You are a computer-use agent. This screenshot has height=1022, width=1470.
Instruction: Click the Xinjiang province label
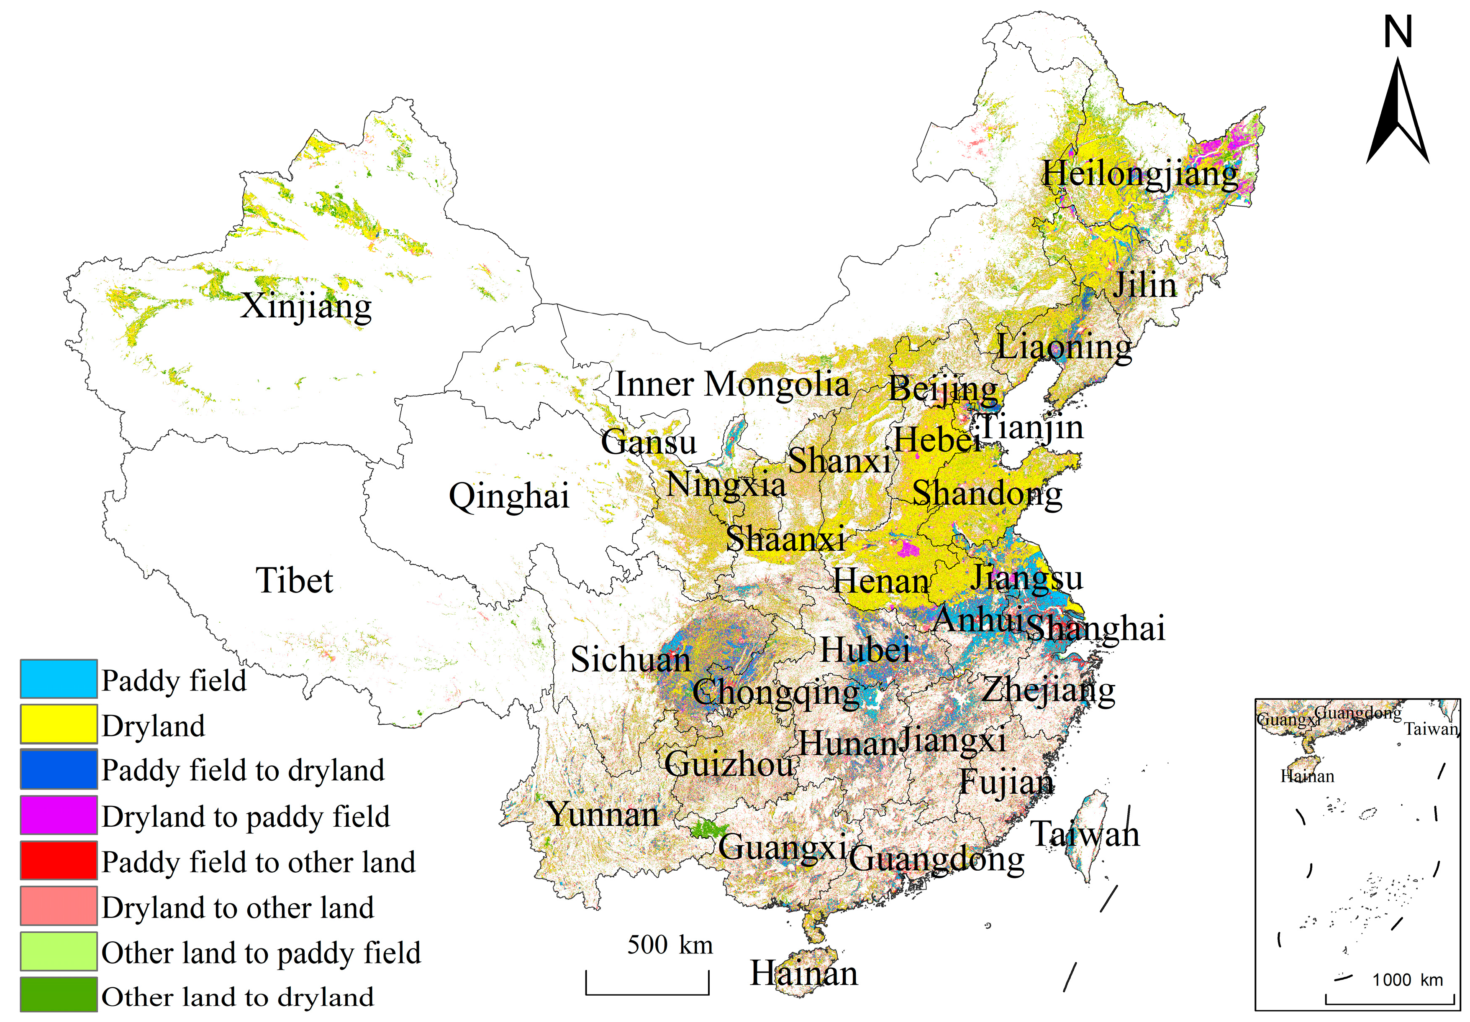click(306, 307)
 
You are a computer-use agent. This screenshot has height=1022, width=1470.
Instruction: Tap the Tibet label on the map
click(295, 581)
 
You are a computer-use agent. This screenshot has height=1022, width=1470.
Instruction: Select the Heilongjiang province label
click(1139, 174)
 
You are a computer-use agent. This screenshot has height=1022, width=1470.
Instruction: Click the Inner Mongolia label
click(732, 385)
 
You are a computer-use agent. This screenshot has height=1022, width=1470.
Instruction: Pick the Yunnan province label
click(603, 815)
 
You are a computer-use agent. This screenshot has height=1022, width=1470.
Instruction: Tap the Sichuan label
click(631, 660)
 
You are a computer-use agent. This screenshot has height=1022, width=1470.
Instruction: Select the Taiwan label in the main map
click(1085, 835)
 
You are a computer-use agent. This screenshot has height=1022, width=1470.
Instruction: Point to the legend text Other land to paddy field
click(261, 953)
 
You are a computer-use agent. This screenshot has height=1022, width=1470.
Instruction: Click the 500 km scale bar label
click(670, 945)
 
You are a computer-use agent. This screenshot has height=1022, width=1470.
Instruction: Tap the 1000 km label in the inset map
click(1407, 980)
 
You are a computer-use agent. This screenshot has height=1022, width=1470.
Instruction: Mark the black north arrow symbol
click(1398, 115)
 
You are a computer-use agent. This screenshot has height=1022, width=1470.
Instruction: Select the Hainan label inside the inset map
click(1307, 776)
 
